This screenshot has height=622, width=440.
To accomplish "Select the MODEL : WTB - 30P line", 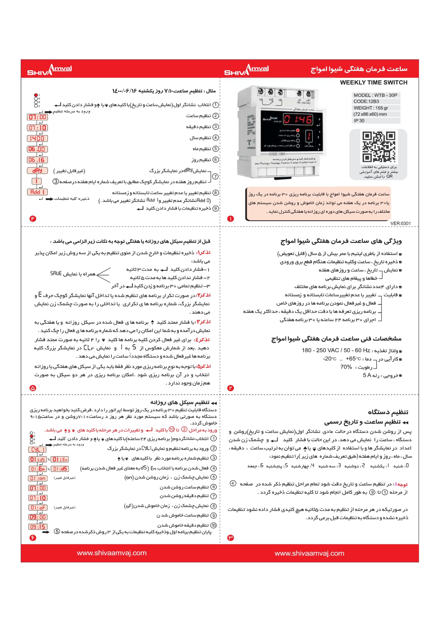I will pyautogui.click(x=376, y=95).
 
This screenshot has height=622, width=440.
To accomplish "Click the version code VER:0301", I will pyautogui.click(x=400, y=224).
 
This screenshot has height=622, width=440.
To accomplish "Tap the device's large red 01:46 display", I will pyautogui.click(x=298, y=119).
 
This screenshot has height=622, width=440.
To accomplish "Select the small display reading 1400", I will pyautogui.click(x=37, y=138).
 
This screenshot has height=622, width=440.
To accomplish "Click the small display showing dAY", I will pyautogui.click(x=37, y=171).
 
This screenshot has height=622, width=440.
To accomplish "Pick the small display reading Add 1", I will pyautogui.click(x=37, y=192).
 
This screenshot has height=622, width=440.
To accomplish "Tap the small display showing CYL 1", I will pyautogui.click(x=37, y=450).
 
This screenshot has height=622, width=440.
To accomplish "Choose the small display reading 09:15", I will pyautogui.click(x=38, y=527).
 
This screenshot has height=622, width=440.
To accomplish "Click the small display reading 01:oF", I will pyautogui.click(x=38, y=507).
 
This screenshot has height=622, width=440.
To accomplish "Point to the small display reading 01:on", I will pyautogui.click(x=38, y=478).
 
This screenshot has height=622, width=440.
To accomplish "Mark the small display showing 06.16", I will pyautogui.click(x=37, y=160).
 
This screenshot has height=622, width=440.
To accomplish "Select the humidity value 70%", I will pyautogui.click(x=346, y=367).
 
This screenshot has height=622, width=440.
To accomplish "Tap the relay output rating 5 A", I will pyautogui.click(x=367, y=375).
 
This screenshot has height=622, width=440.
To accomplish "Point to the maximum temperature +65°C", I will pyautogui.click(x=353, y=359).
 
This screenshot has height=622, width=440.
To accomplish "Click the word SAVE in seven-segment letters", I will pyautogui.click(x=56, y=273).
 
